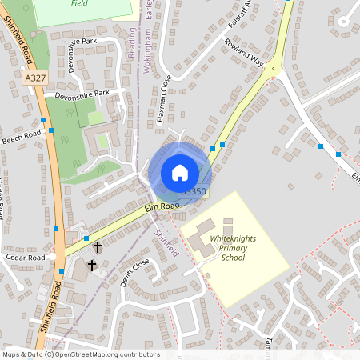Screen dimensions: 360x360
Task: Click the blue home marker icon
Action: (180, 172)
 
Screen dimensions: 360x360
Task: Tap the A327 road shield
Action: (35, 78)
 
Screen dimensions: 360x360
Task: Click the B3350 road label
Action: (194, 192)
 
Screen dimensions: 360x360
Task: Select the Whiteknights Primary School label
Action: (232, 248)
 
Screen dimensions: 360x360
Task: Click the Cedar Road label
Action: (25, 258)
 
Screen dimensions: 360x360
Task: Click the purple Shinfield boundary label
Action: (167, 240)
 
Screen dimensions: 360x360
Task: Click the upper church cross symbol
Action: (97, 247)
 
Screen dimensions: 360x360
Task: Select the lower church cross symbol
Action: (91, 265)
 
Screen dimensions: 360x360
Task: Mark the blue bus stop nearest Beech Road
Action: (51, 130)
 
